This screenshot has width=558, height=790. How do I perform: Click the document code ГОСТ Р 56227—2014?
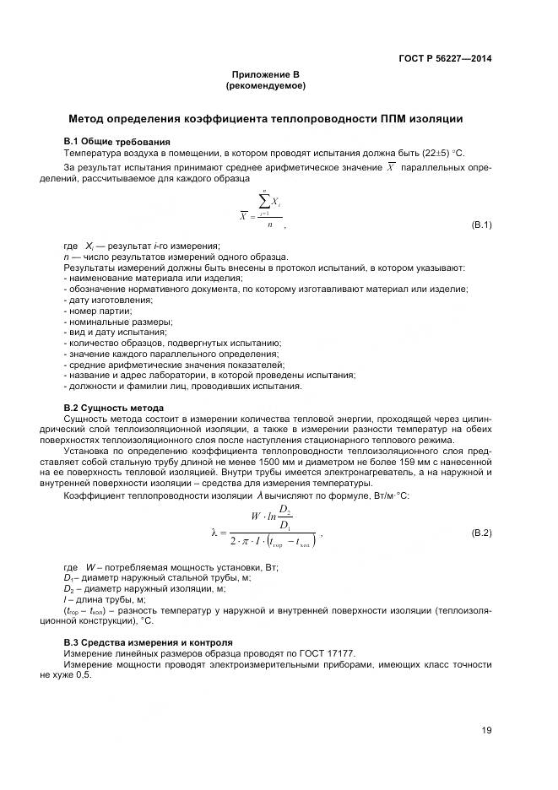(x=445, y=58)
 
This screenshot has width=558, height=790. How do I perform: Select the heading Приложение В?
(x=265, y=75)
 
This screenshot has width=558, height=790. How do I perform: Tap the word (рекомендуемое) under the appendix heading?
(x=265, y=86)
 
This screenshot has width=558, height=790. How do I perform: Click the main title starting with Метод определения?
(x=265, y=119)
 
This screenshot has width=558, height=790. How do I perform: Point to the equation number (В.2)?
(x=480, y=534)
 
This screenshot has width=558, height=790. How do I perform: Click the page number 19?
(x=486, y=731)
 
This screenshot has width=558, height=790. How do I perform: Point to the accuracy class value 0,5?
(x=81, y=676)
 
